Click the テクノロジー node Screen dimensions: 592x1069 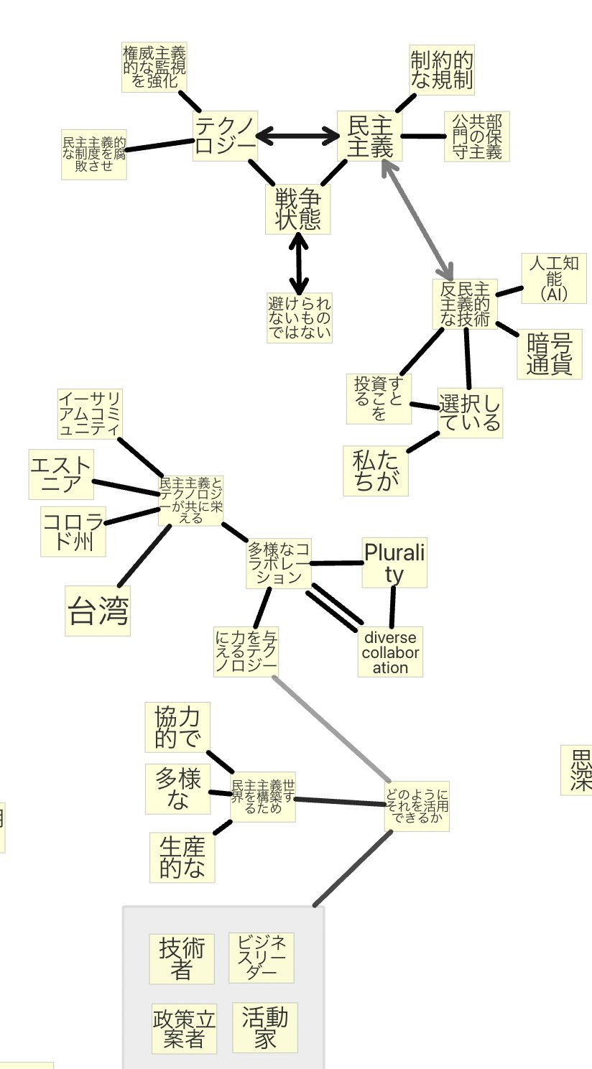coord(225,136)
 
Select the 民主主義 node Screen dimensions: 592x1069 coord(370,136)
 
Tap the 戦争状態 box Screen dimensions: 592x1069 coord(297,209)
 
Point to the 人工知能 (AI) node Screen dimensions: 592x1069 coord(553,278)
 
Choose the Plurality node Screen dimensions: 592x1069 coord(394,563)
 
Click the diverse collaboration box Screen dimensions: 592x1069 coord(390,652)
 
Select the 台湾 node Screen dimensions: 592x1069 coord(98,611)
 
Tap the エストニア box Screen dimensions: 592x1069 coord(61,474)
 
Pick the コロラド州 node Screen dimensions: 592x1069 coord(73,531)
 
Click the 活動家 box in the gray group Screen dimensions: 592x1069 coord(265,1027)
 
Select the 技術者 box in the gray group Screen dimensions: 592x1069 coord(182,958)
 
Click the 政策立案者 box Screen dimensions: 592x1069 coord(184,1028)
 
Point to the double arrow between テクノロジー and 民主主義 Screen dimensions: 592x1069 coord(297,134)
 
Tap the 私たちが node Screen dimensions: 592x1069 coord(375,471)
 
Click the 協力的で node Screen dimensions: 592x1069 coord(177,726)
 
